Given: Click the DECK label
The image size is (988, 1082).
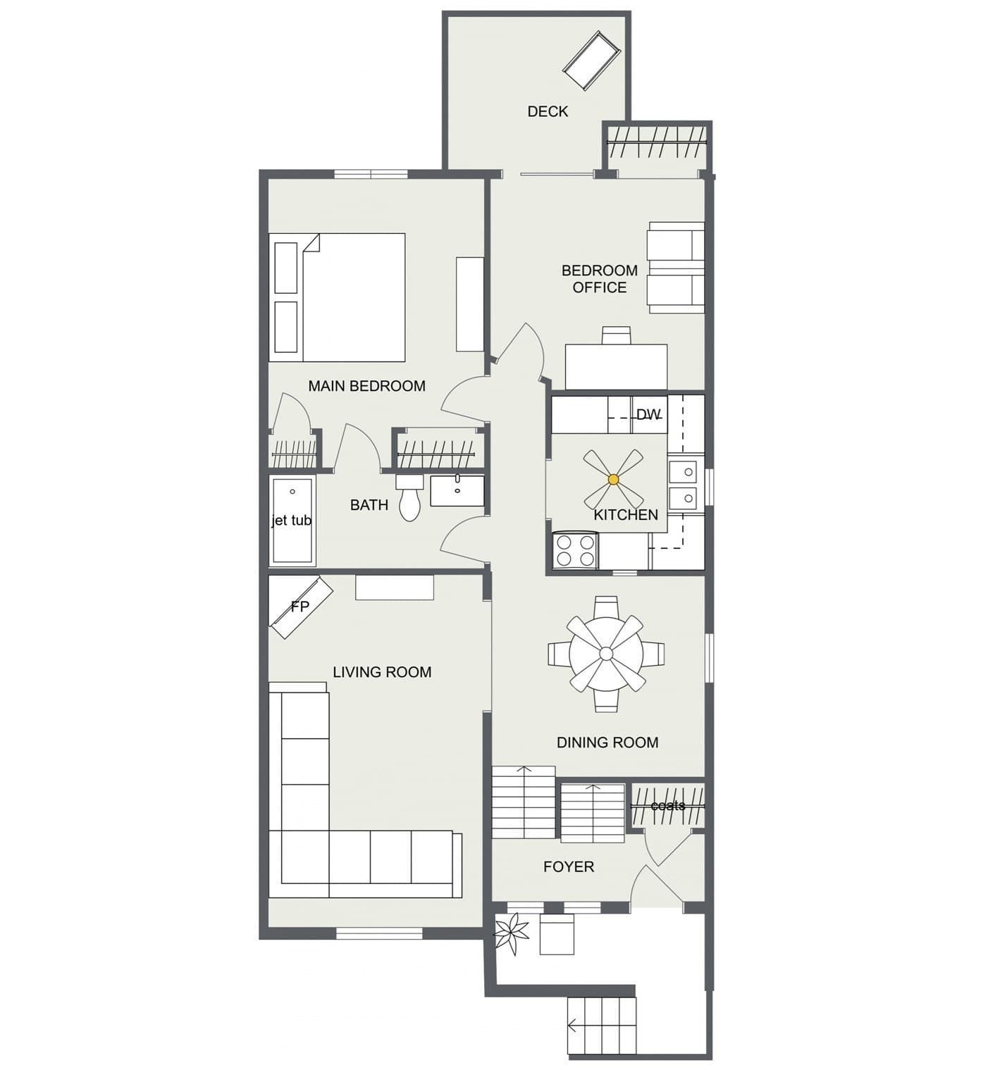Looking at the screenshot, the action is point(548,111).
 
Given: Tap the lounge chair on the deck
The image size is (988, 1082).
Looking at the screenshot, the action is point(591,61).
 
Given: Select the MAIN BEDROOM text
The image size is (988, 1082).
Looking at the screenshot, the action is point(366,386).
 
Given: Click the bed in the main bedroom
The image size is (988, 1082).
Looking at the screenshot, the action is point(337,297).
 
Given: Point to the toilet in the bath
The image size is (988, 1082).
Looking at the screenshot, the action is point(409,497).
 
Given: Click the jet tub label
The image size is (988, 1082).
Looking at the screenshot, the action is point(292,521).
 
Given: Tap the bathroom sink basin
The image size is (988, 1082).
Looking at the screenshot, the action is point(457,490).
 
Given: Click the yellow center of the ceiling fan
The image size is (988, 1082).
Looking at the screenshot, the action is point(613,479).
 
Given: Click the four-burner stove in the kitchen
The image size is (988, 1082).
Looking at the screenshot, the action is point(575,551).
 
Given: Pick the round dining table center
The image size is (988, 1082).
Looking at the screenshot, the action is point(606,654).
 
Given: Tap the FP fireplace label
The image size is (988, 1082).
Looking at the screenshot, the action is point(300,607).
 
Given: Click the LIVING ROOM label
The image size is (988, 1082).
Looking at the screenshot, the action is point(382,672).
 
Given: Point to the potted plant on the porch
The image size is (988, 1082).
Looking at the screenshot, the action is point(512,934).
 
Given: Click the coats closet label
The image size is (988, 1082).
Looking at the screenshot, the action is point(667,805).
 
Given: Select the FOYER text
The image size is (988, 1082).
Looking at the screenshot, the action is point(569,867).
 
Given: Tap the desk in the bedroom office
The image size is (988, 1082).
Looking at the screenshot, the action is point(616,366).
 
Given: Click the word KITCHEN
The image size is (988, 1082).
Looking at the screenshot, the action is point(626,515).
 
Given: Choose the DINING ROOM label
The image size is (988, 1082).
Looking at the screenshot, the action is point(607,742).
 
